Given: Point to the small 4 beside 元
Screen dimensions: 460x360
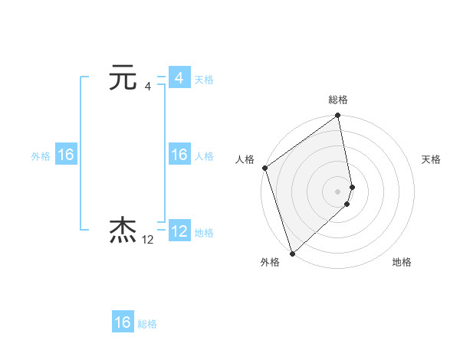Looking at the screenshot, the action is point(147,86).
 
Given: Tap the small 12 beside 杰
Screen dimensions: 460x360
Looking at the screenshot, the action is point(148,240).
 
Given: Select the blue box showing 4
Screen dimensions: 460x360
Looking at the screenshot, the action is point(179,78).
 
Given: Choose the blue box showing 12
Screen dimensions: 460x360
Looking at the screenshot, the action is point(179,231).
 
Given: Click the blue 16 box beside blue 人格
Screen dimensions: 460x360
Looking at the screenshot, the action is point(179,155).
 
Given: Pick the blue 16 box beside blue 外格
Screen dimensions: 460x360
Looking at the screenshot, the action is point(66,155).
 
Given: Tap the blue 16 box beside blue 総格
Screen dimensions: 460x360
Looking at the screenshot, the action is point(123,322).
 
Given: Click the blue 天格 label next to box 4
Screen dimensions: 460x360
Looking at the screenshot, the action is point(204,80).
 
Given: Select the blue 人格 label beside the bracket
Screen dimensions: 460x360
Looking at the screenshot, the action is point(204,156).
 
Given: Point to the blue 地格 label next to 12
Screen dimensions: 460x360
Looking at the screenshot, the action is point(204,233).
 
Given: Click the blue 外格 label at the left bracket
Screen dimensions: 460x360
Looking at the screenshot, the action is point(41,156).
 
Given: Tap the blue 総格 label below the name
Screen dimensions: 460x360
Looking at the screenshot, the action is point(147,324).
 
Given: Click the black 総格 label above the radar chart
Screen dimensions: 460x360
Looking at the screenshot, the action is point(338,100).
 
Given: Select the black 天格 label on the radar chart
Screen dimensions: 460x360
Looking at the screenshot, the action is point(431,159).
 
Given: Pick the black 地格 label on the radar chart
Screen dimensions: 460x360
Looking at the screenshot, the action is point(402,263).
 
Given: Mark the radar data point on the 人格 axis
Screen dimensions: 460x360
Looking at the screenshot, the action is point(264,168).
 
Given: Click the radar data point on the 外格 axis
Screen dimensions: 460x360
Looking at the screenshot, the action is point(292,253).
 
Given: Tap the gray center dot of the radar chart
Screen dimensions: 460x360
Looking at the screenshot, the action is point(338,191).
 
